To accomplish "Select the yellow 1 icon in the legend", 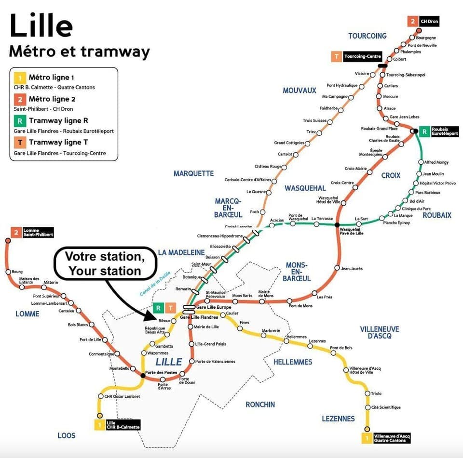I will coord(19,78).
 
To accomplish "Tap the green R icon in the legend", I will coord(19,121).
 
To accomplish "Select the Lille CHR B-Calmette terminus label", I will coord(123,425).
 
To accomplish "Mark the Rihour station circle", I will coord(174,320).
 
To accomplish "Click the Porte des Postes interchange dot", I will coord(143,375).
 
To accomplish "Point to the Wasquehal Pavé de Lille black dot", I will coord(337,224).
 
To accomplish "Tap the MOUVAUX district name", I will coord(300,91).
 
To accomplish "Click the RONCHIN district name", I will coord(260,405).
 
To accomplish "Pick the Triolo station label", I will coord(376,393).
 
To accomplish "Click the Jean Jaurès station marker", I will coord(337,268).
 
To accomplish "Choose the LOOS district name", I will coord(67,435).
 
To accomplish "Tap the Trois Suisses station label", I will coord(314,120).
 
